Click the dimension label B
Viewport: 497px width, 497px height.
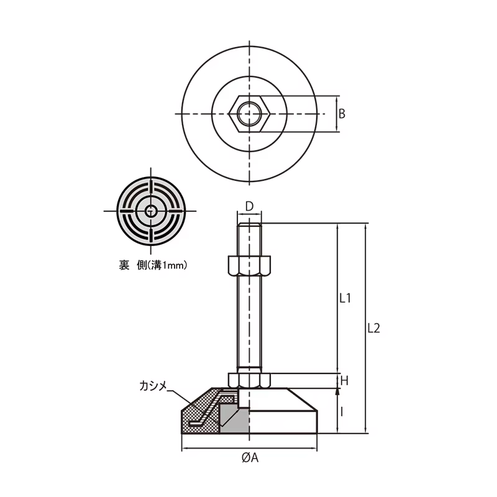click(x=342, y=114)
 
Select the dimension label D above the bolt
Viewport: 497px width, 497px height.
click(x=250, y=206)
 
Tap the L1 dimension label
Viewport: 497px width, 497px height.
click(x=345, y=298)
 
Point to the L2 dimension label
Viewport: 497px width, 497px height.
click(x=374, y=328)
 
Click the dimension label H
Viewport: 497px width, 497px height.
click(x=344, y=381)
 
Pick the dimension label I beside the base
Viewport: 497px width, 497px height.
click(x=342, y=412)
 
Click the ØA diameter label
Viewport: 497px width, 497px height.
click(x=250, y=458)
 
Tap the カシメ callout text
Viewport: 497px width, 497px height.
click(x=153, y=386)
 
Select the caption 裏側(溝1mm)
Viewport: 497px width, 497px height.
click(x=153, y=265)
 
